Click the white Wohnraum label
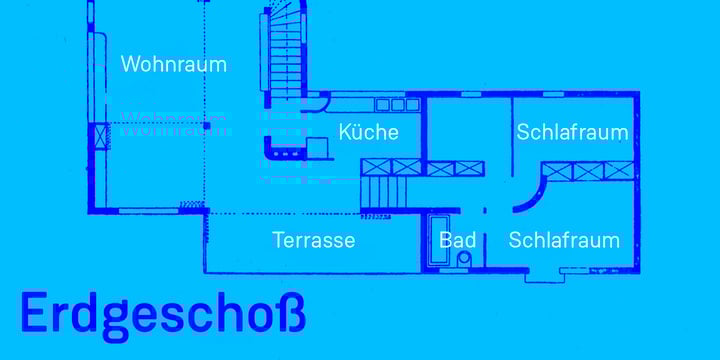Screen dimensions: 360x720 point(173,64)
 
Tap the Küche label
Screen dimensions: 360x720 point(368,132)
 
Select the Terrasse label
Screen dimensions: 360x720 point(314,240)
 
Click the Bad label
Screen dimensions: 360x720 point(457,240)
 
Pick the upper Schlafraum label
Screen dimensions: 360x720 point(572,132)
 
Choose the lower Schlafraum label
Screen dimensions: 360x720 point(564,240)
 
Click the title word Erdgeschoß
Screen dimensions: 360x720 point(162,313)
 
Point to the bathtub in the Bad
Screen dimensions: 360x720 point(440,240)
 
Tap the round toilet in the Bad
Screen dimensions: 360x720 point(462,259)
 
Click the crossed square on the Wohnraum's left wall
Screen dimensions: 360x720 point(100,135)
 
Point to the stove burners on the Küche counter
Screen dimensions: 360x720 point(397,104)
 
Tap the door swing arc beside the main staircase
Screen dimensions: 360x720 point(320,99)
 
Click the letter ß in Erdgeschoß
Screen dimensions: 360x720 point(289,313)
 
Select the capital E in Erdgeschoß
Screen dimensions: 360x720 point(32,313)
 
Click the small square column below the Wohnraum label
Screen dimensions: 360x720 point(207,126)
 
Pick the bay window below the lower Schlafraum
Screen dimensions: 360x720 point(545,272)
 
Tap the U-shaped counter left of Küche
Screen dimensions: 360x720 point(285,148)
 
